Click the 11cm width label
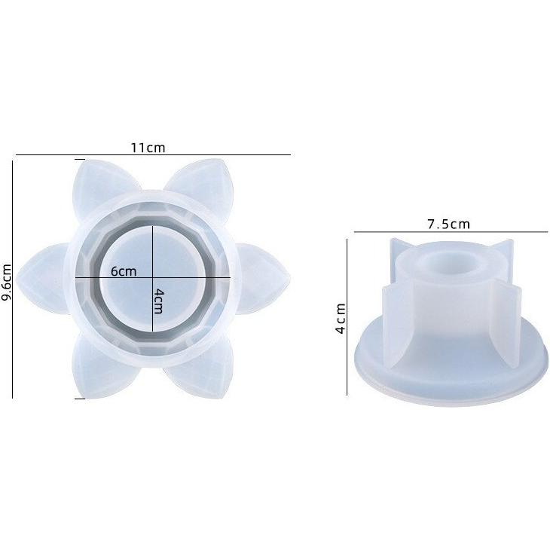[x=148, y=148]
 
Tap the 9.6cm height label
[x=7, y=282]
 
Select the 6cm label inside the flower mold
[x=124, y=271]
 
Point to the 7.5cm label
[x=448, y=224]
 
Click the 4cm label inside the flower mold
[x=158, y=301]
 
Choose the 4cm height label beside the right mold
[x=341, y=319]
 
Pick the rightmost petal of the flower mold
[x=264, y=278]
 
